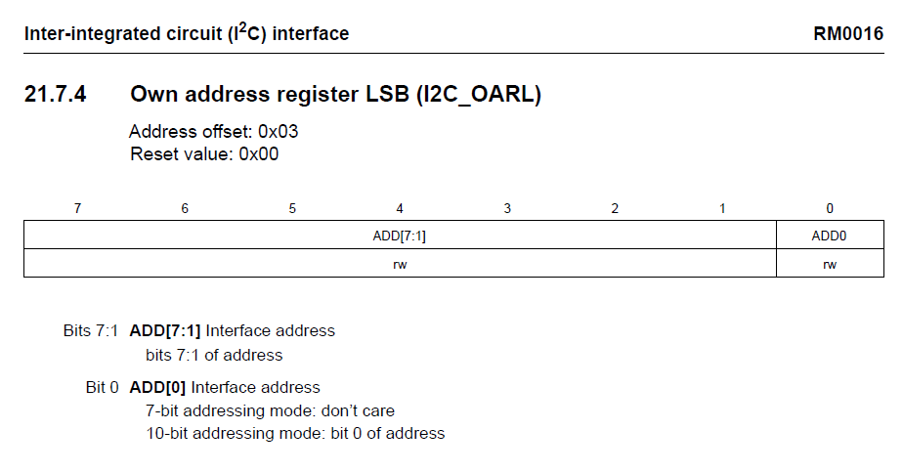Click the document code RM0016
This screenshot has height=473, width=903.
(x=847, y=33)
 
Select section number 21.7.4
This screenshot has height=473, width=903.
(x=56, y=94)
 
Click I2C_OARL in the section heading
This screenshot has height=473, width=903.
(x=479, y=95)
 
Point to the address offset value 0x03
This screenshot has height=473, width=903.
(x=279, y=131)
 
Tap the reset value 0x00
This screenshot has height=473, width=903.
(x=259, y=153)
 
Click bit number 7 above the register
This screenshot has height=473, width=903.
(x=78, y=208)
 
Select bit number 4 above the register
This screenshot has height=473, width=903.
(x=400, y=208)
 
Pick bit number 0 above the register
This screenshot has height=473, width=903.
(x=830, y=208)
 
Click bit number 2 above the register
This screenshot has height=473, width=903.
(x=615, y=208)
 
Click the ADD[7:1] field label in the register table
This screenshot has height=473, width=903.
(x=399, y=236)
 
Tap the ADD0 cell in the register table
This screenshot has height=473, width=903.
(x=830, y=236)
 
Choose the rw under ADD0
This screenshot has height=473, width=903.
(x=830, y=265)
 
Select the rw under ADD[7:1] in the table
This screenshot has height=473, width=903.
(x=400, y=265)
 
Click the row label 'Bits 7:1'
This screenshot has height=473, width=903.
(x=91, y=330)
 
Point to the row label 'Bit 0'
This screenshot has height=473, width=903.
(x=102, y=387)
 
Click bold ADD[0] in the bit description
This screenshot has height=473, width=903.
(x=157, y=387)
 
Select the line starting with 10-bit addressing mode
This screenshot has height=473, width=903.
(x=295, y=433)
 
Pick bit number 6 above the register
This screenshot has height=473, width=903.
(x=185, y=208)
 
